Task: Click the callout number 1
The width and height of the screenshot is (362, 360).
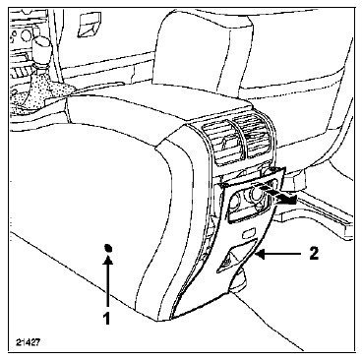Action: pyautogui.click(x=106, y=318)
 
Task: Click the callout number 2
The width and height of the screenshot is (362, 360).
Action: pyautogui.click(x=314, y=254)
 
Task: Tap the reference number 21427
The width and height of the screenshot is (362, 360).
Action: pyautogui.click(x=28, y=342)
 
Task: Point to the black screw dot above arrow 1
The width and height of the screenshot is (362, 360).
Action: pyautogui.click(x=108, y=248)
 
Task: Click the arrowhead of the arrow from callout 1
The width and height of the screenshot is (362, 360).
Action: pyautogui.click(x=108, y=259)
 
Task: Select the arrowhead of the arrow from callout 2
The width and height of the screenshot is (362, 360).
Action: pyautogui.click(x=260, y=254)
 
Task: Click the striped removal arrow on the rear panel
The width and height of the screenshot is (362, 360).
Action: pyautogui.click(x=278, y=195)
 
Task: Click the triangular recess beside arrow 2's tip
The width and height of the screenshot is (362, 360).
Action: pyautogui.click(x=235, y=255)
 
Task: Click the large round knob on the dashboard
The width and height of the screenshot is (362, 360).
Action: pyautogui.click(x=25, y=33)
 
